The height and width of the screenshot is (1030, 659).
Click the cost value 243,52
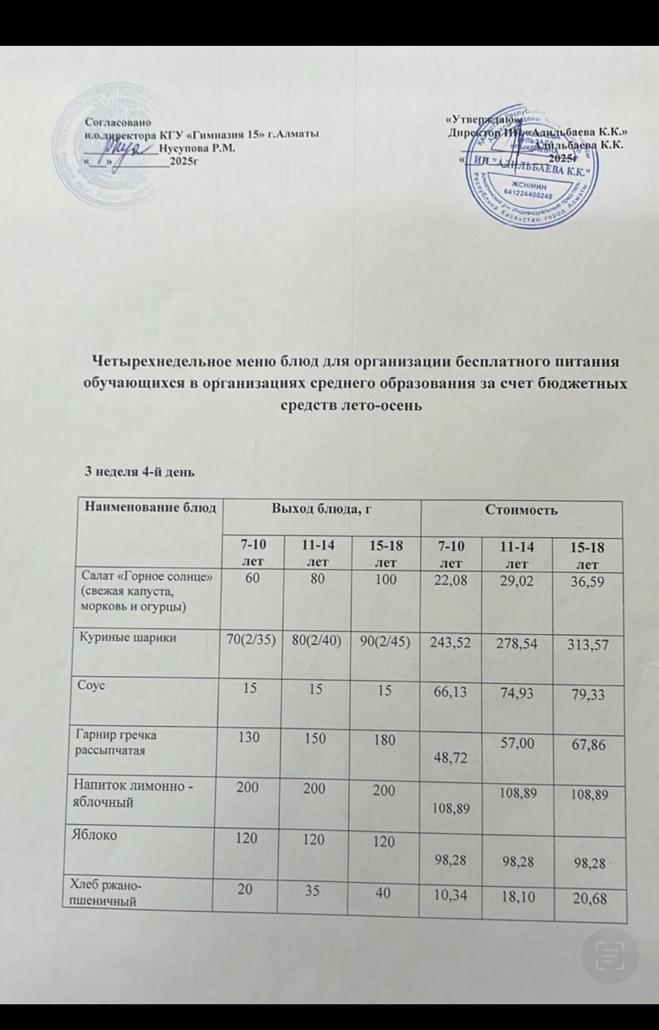coord(450,644)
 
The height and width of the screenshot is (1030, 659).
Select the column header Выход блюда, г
coord(321,509)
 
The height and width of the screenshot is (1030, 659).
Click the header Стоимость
coord(521,510)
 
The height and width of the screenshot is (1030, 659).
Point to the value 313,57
coord(586,646)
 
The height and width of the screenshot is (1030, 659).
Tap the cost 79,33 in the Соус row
coord(586,696)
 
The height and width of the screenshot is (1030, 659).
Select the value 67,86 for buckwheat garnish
coord(586,745)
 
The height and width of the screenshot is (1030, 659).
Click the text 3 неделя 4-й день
coord(139,471)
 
